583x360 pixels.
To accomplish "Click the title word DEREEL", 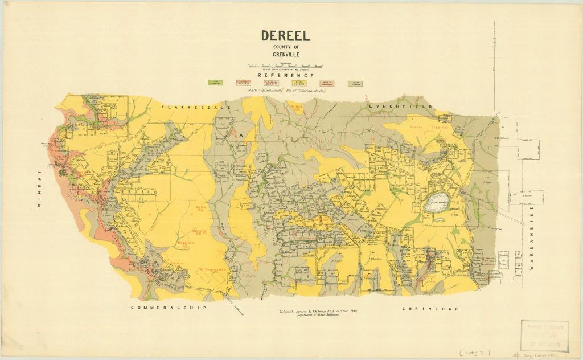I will coord(285,36).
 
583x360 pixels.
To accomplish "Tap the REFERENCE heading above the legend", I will coord(285,75).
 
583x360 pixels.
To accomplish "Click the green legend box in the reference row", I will coord(215,83).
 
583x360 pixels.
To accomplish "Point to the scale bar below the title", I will coord(285,66).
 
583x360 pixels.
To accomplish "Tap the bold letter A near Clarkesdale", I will coord(241,135).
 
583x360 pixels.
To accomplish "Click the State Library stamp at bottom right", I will coord(544,335).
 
